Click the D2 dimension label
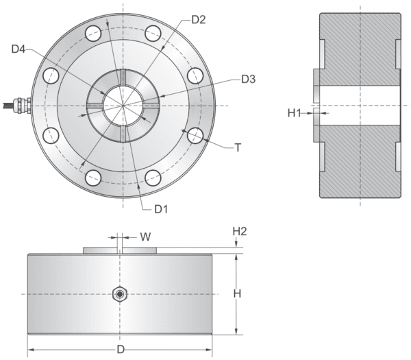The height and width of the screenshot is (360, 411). coord(198,19)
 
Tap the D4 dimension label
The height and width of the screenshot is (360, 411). coord(19,49)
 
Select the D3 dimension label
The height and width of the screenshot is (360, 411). coord(248,80)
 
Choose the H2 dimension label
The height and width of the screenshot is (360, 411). coord(239,232)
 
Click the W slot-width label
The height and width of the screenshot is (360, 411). coord(145,237)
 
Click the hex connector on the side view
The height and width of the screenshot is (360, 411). coord(120,294)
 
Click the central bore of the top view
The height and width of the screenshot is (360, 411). coord(123,106)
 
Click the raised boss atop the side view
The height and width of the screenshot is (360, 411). coord(121,250)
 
